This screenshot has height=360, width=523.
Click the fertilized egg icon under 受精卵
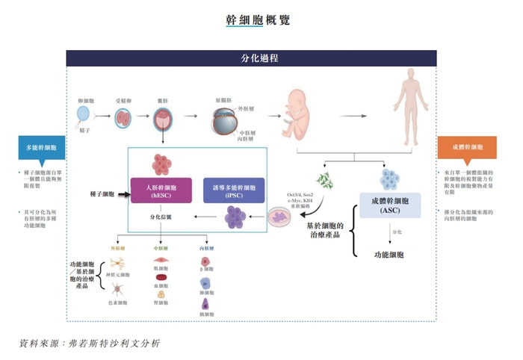[124, 117]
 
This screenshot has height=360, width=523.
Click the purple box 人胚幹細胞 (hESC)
[161, 190]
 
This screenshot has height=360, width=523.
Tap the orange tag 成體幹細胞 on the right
[466, 147]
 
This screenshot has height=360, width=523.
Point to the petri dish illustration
[282, 217]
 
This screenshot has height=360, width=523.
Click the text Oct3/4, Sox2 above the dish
[300, 194]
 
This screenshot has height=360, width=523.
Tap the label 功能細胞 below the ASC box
[389, 255]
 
